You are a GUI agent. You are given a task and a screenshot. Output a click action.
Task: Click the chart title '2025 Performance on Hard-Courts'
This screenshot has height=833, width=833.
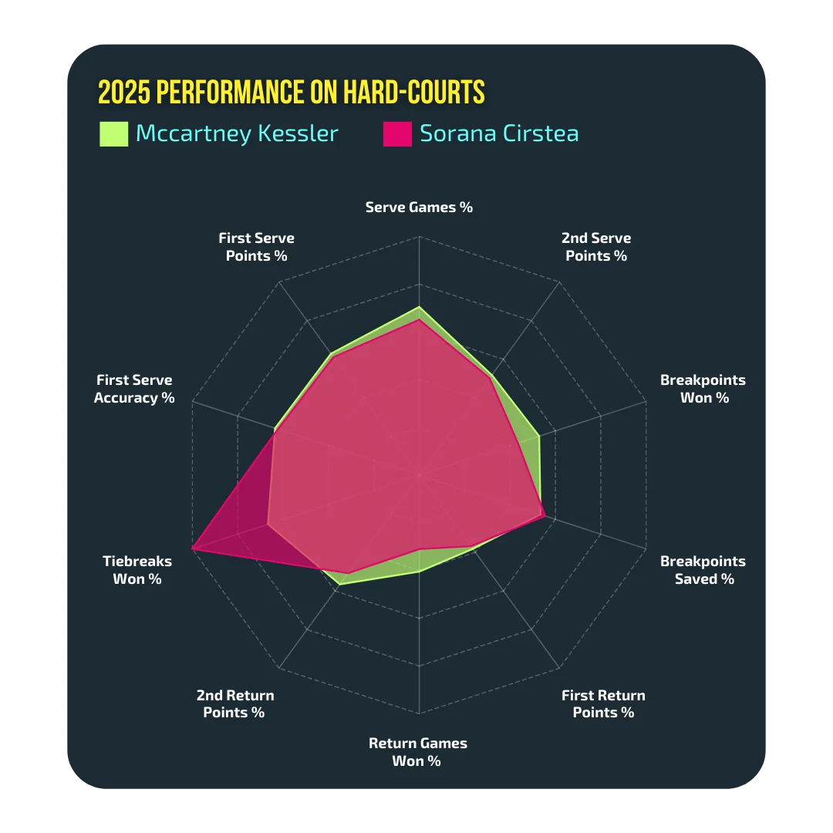(291, 92)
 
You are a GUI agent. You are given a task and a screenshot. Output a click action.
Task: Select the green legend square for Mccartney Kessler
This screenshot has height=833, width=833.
(113, 134)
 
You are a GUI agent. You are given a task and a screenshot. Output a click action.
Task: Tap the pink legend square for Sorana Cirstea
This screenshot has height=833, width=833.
(397, 134)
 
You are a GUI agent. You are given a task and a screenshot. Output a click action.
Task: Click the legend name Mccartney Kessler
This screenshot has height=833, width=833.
(237, 134)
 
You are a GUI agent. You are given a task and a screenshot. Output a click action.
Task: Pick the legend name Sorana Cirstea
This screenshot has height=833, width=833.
(499, 133)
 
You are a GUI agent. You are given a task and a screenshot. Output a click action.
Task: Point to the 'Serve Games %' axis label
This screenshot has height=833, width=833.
(419, 207)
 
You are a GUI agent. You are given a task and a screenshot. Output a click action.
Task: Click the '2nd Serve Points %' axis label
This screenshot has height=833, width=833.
(596, 247)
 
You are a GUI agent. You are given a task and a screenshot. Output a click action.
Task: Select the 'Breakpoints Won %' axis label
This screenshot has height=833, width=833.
(703, 388)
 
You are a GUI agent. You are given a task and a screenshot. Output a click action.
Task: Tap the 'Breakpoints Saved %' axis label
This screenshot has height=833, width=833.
(703, 570)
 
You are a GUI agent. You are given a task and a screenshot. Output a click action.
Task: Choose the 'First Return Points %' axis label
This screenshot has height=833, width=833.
(603, 703)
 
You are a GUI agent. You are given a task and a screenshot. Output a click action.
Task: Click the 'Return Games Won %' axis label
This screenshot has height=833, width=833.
(418, 752)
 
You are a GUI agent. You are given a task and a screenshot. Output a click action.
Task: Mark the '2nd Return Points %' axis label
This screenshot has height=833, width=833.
(234, 703)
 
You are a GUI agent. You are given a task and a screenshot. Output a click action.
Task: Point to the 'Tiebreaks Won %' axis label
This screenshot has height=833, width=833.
(137, 570)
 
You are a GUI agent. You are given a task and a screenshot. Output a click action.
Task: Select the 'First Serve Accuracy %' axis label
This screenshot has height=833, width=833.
(134, 388)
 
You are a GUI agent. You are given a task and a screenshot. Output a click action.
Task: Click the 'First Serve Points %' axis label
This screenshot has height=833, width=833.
(256, 247)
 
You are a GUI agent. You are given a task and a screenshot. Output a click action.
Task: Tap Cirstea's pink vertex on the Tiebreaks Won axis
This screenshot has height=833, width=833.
(192, 548)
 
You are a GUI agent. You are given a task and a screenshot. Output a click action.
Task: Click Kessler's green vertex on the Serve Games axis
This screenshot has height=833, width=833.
(419, 307)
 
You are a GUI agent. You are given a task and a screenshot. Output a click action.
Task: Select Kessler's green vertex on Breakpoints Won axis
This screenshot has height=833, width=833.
(540, 436)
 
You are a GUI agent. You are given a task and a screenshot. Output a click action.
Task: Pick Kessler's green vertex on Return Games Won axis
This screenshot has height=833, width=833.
(419, 572)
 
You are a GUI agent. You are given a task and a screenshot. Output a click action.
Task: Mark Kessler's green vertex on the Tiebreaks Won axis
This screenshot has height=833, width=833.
(267, 524)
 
